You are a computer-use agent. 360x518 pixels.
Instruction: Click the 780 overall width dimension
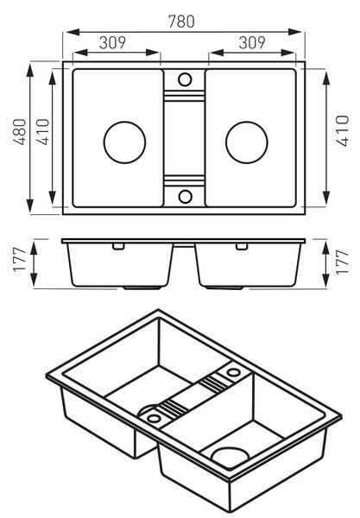(181, 22)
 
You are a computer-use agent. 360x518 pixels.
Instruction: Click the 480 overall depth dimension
(20, 131)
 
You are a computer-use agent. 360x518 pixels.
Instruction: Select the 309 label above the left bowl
(112, 42)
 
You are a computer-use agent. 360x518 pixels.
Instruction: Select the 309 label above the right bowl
(252, 42)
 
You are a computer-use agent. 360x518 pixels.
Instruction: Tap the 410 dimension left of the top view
(43, 131)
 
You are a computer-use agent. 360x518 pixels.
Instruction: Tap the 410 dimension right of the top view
(343, 130)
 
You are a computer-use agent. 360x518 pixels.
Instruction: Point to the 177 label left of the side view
(20, 260)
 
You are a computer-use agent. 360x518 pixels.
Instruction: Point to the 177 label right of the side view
(342, 262)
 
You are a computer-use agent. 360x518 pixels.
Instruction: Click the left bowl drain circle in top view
(124, 142)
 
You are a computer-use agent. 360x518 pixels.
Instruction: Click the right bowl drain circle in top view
(247, 142)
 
